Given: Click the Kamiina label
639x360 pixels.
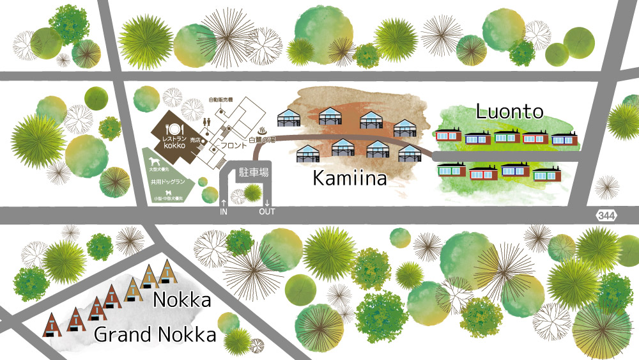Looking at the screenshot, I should pos(350,178).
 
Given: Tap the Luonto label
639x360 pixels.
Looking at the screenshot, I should pos(510,113).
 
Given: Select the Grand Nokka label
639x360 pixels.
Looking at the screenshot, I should pos(155,334).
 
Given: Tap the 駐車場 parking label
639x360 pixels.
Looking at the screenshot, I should pos(254,173).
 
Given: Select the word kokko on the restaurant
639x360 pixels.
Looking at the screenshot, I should pos(173,146).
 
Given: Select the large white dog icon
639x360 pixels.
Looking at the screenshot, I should pos(155,160).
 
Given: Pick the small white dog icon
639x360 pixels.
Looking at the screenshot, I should pos(168,191).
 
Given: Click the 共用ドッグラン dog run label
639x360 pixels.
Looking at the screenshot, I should pos(168,182).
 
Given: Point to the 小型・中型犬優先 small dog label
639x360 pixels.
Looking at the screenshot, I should pos(168,200).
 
